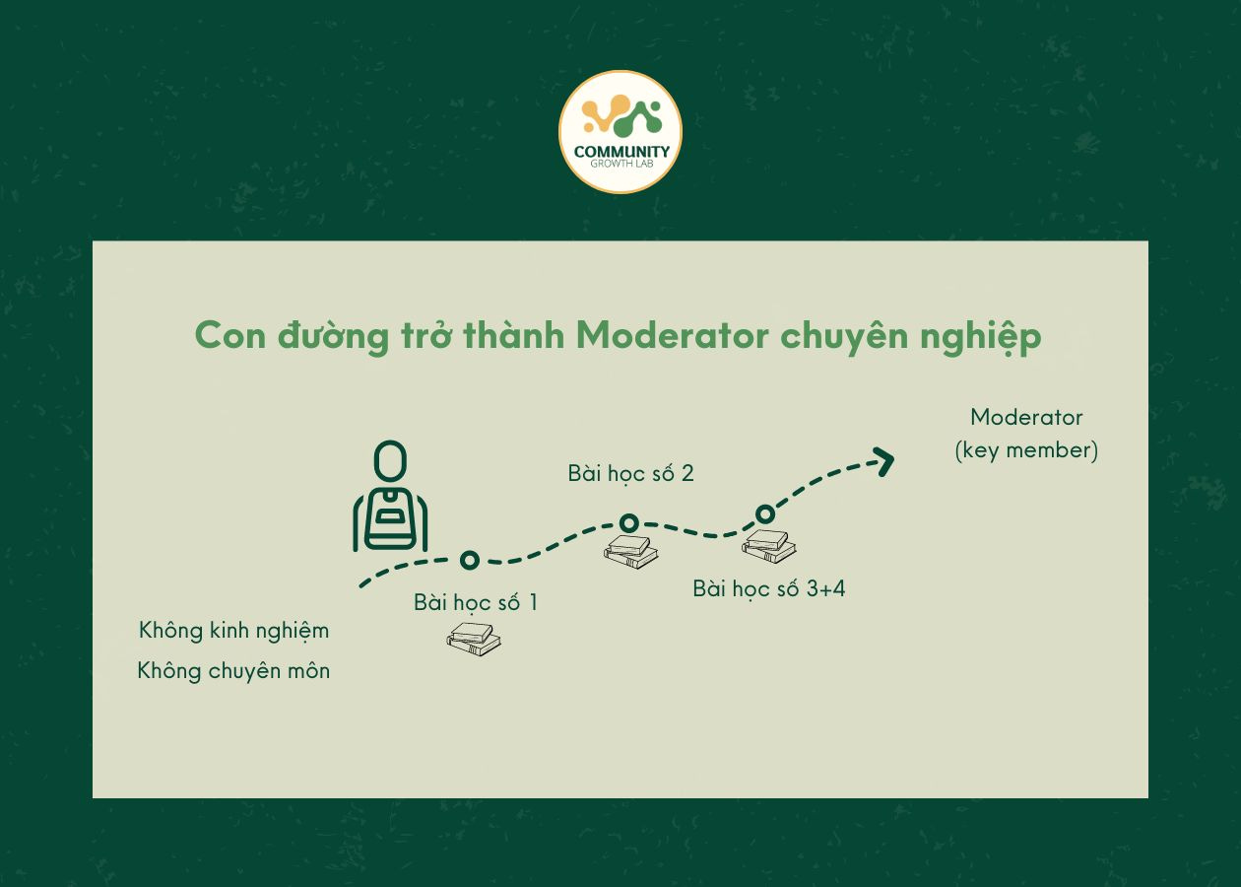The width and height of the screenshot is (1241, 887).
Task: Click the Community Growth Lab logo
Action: point(620,131)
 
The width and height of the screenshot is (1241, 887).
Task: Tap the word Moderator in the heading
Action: point(671,336)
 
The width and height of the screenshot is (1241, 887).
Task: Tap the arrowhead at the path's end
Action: point(882,459)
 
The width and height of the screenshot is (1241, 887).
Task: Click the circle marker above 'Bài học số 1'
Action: point(470,560)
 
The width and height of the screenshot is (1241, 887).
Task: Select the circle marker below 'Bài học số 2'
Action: point(628,522)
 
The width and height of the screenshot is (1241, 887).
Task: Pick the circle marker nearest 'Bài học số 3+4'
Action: point(764,513)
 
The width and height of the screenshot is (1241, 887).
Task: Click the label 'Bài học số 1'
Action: point(476,602)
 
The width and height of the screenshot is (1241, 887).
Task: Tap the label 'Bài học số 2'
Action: point(630,474)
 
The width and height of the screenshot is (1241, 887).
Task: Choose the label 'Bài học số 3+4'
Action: point(768,589)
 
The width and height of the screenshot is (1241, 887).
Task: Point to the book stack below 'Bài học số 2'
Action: point(630,552)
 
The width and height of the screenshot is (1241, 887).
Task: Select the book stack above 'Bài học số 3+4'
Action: point(768,545)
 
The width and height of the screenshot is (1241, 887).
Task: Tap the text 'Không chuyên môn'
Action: point(234,671)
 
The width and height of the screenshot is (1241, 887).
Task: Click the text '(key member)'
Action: point(1026,451)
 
